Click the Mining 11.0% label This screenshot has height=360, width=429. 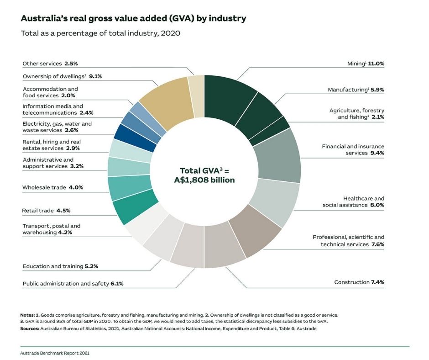366,64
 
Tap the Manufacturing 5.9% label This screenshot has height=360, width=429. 356,90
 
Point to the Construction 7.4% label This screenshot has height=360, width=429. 359,282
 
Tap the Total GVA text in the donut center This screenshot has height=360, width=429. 204,175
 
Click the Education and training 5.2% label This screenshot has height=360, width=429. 61,266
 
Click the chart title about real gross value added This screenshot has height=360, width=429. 133,19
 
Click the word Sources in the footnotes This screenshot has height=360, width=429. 30,328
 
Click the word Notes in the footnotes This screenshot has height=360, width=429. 27,315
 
